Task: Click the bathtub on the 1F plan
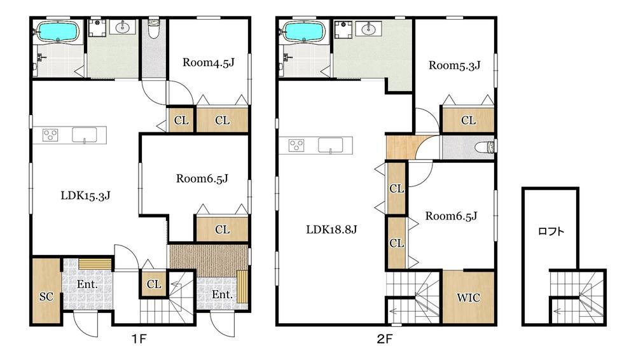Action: (x=58, y=32)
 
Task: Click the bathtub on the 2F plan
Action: (x=304, y=31)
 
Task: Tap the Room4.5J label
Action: (x=209, y=62)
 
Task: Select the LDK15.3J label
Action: (x=86, y=196)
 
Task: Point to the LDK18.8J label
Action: (x=331, y=230)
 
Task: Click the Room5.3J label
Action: (x=455, y=66)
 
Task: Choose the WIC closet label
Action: (x=469, y=298)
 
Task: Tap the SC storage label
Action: (x=46, y=296)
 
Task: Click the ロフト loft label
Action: (x=551, y=232)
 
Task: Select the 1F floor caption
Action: (x=139, y=339)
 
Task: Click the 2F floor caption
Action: (x=385, y=339)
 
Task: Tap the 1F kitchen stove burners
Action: (x=51, y=135)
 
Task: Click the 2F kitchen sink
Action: (x=330, y=145)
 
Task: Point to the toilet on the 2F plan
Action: (x=487, y=147)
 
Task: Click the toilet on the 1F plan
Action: (x=153, y=29)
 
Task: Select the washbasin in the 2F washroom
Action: (x=368, y=29)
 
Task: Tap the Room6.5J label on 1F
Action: (x=202, y=179)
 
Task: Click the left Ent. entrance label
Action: (x=87, y=284)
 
